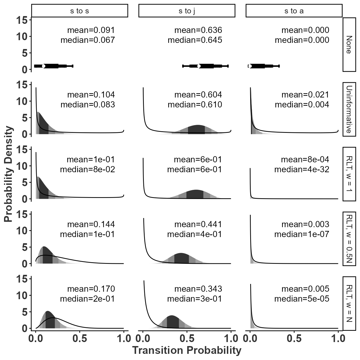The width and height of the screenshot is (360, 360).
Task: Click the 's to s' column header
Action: pyautogui.click(x=80, y=11)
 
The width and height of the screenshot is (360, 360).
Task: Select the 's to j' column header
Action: pyautogui.click(x=187, y=11)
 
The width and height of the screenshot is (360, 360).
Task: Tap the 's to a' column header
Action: pyautogui.click(x=294, y=11)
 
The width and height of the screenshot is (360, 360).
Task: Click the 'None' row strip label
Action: pyautogui.click(x=349, y=45)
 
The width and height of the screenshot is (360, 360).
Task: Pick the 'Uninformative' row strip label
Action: pyautogui.click(x=349, y=109)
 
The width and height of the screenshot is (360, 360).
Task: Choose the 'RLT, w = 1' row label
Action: pyautogui.click(x=349, y=174)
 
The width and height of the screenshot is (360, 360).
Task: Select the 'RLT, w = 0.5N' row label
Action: pyautogui.click(x=349, y=239)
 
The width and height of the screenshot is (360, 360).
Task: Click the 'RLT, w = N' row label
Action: pyautogui.click(x=349, y=303)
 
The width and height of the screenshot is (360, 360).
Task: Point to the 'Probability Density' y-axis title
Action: pyautogui.click(x=9, y=174)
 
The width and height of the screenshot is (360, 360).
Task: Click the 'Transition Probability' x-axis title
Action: pyautogui.click(x=187, y=350)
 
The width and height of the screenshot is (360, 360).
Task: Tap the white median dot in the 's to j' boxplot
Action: pyautogui.click(x=199, y=66)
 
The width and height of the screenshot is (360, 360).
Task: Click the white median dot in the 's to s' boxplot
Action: pyautogui.click(x=44, y=66)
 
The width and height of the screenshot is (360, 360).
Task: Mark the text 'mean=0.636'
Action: pyautogui.click(x=198, y=30)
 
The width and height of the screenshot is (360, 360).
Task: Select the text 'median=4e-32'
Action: pyautogui.click(x=302, y=170)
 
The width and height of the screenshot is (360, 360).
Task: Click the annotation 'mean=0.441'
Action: pyautogui.click(x=198, y=224)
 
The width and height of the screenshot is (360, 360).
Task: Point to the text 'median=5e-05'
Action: pyautogui.click(x=302, y=299)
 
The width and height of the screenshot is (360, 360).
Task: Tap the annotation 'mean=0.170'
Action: pyautogui.click(x=91, y=289)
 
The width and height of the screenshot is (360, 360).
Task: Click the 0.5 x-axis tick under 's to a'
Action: pyautogui.click(x=294, y=339)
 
